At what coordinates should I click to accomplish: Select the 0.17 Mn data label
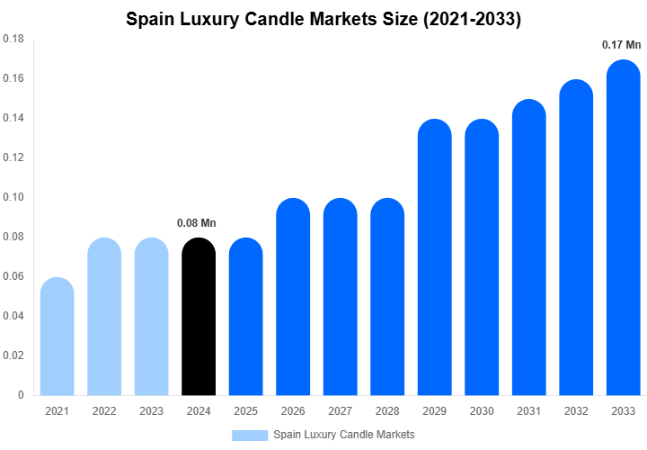point(622,44)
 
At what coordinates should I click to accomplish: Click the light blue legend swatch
point(250,436)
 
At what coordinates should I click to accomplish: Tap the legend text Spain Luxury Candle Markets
point(344,436)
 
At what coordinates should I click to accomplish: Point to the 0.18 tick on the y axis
point(13,40)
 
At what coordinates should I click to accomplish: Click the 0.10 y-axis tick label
point(13,197)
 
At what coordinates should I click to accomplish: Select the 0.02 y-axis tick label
point(13,355)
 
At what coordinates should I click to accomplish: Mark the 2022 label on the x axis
point(104,411)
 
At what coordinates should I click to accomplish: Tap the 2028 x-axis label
point(387,411)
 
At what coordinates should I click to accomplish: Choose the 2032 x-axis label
point(576,411)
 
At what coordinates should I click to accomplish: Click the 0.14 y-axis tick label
point(13,119)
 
